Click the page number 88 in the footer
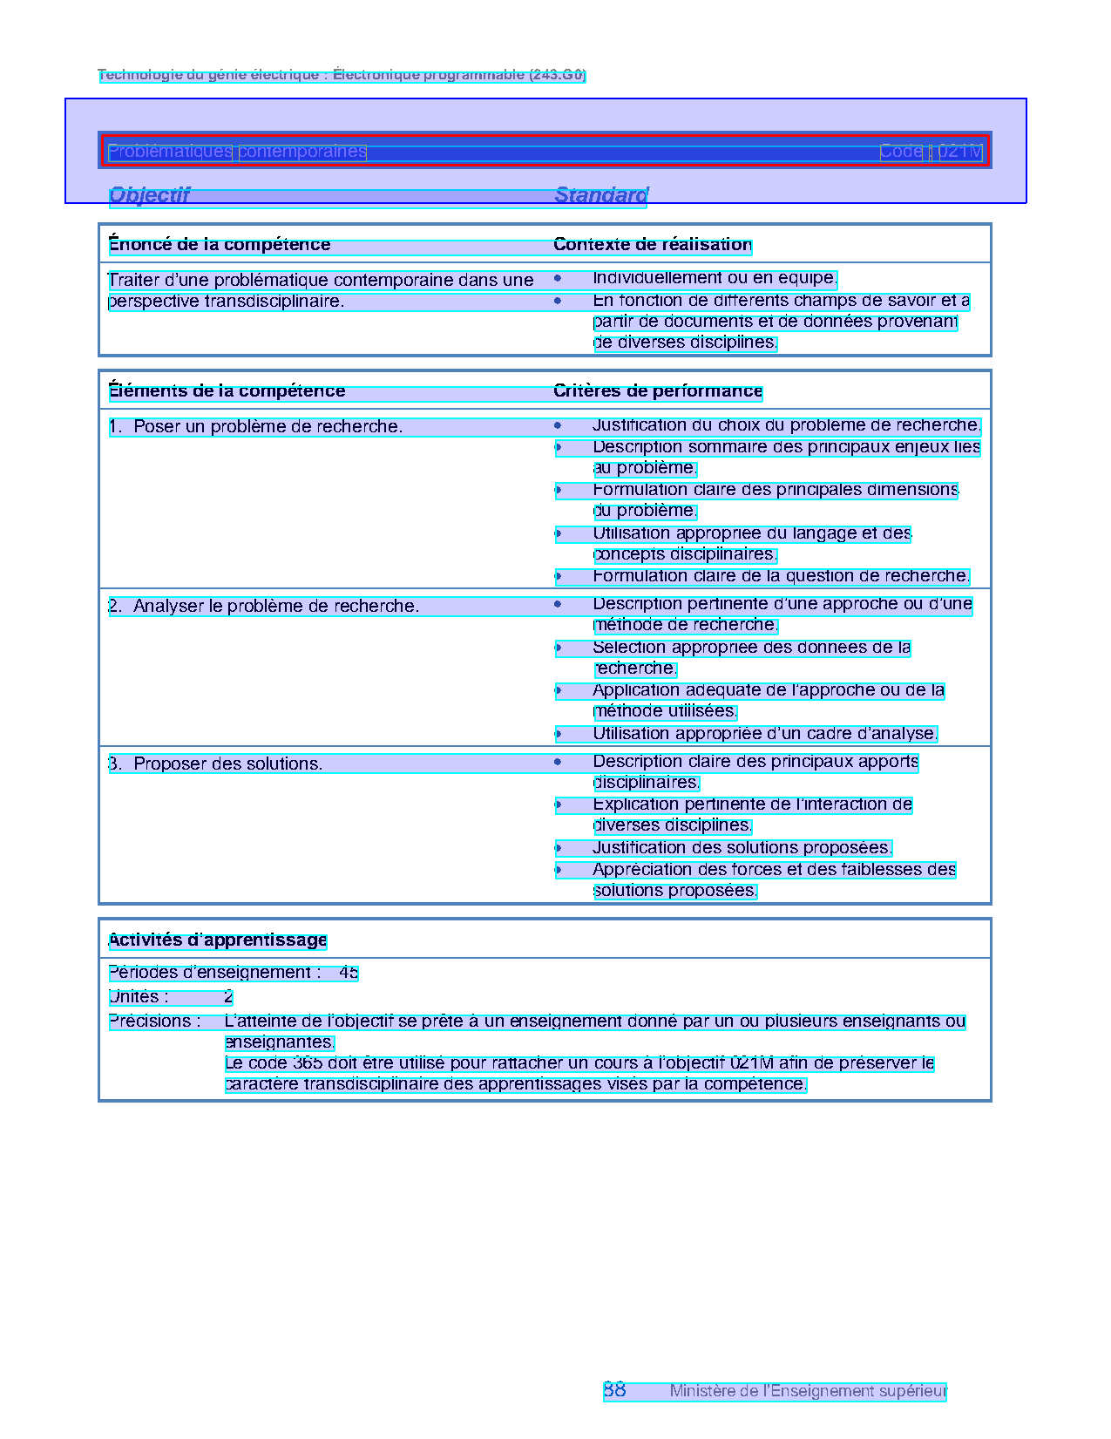click(x=614, y=1390)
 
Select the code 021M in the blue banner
click(x=960, y=152)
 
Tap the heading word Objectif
click(x=149, y=195)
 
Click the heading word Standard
click(x=601, y=195)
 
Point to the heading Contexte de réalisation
click(x=653, y=245)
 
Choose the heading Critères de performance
click(x=658, y=391)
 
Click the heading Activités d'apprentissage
click(x=218, y=940)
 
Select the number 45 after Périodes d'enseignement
click(x=349, y=973)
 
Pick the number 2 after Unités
click(x=228, y=997)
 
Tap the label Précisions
click(x=154, y=1022)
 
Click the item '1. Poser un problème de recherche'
click(x=256, y=427)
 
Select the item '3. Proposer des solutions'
click(x=216, y=764)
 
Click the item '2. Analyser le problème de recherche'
click(x=264, y=607)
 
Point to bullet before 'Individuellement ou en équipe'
click(x=558, y=279)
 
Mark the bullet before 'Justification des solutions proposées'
click(x=558, y=848)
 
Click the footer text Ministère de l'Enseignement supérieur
click(x=808, y=1392)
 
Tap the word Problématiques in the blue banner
click(x=170, y=152)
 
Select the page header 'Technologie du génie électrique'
click(x=342, y=75)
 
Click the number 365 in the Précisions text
click(x=308, y=1063)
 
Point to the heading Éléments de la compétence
click(x=227, y=391)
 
